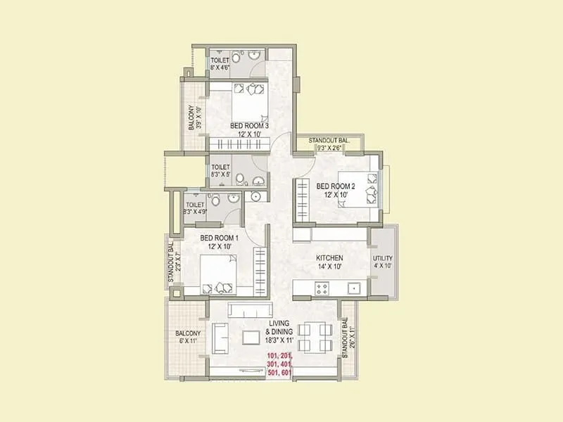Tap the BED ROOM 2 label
(x=336, y=186)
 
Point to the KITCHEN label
(x=329, y=258)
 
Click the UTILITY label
(x=384, y=259)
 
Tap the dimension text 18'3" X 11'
(x=279, y=340)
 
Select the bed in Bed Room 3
(x=249, y=98)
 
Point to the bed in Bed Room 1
(x=218, y=276)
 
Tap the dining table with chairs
(x=315, y=336)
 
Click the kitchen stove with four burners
(x=323, y=287)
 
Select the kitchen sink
(x=354, y=287)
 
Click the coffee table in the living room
(x=252, y=337)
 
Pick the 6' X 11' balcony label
(x=188, y=337)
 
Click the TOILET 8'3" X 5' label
(x=221, y=172)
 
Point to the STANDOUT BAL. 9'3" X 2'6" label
(x=327, y=145)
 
